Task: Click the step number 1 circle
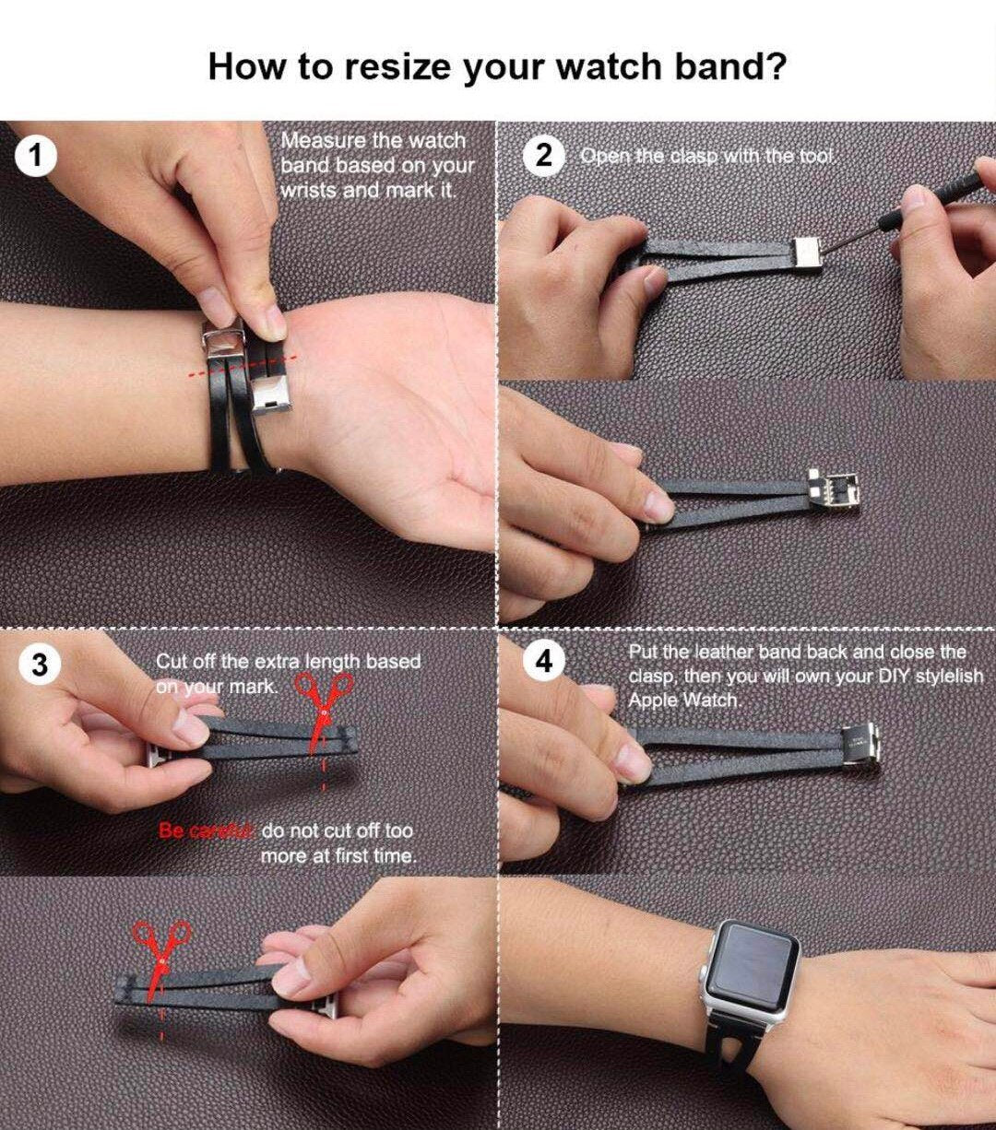tap(36, 156)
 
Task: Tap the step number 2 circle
tap(543, 156)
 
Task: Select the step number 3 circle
tap(40, 665)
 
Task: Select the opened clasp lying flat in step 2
tap(834, 491)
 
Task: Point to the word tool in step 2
tap(816, 156)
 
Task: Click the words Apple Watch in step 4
tap(684, 700)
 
